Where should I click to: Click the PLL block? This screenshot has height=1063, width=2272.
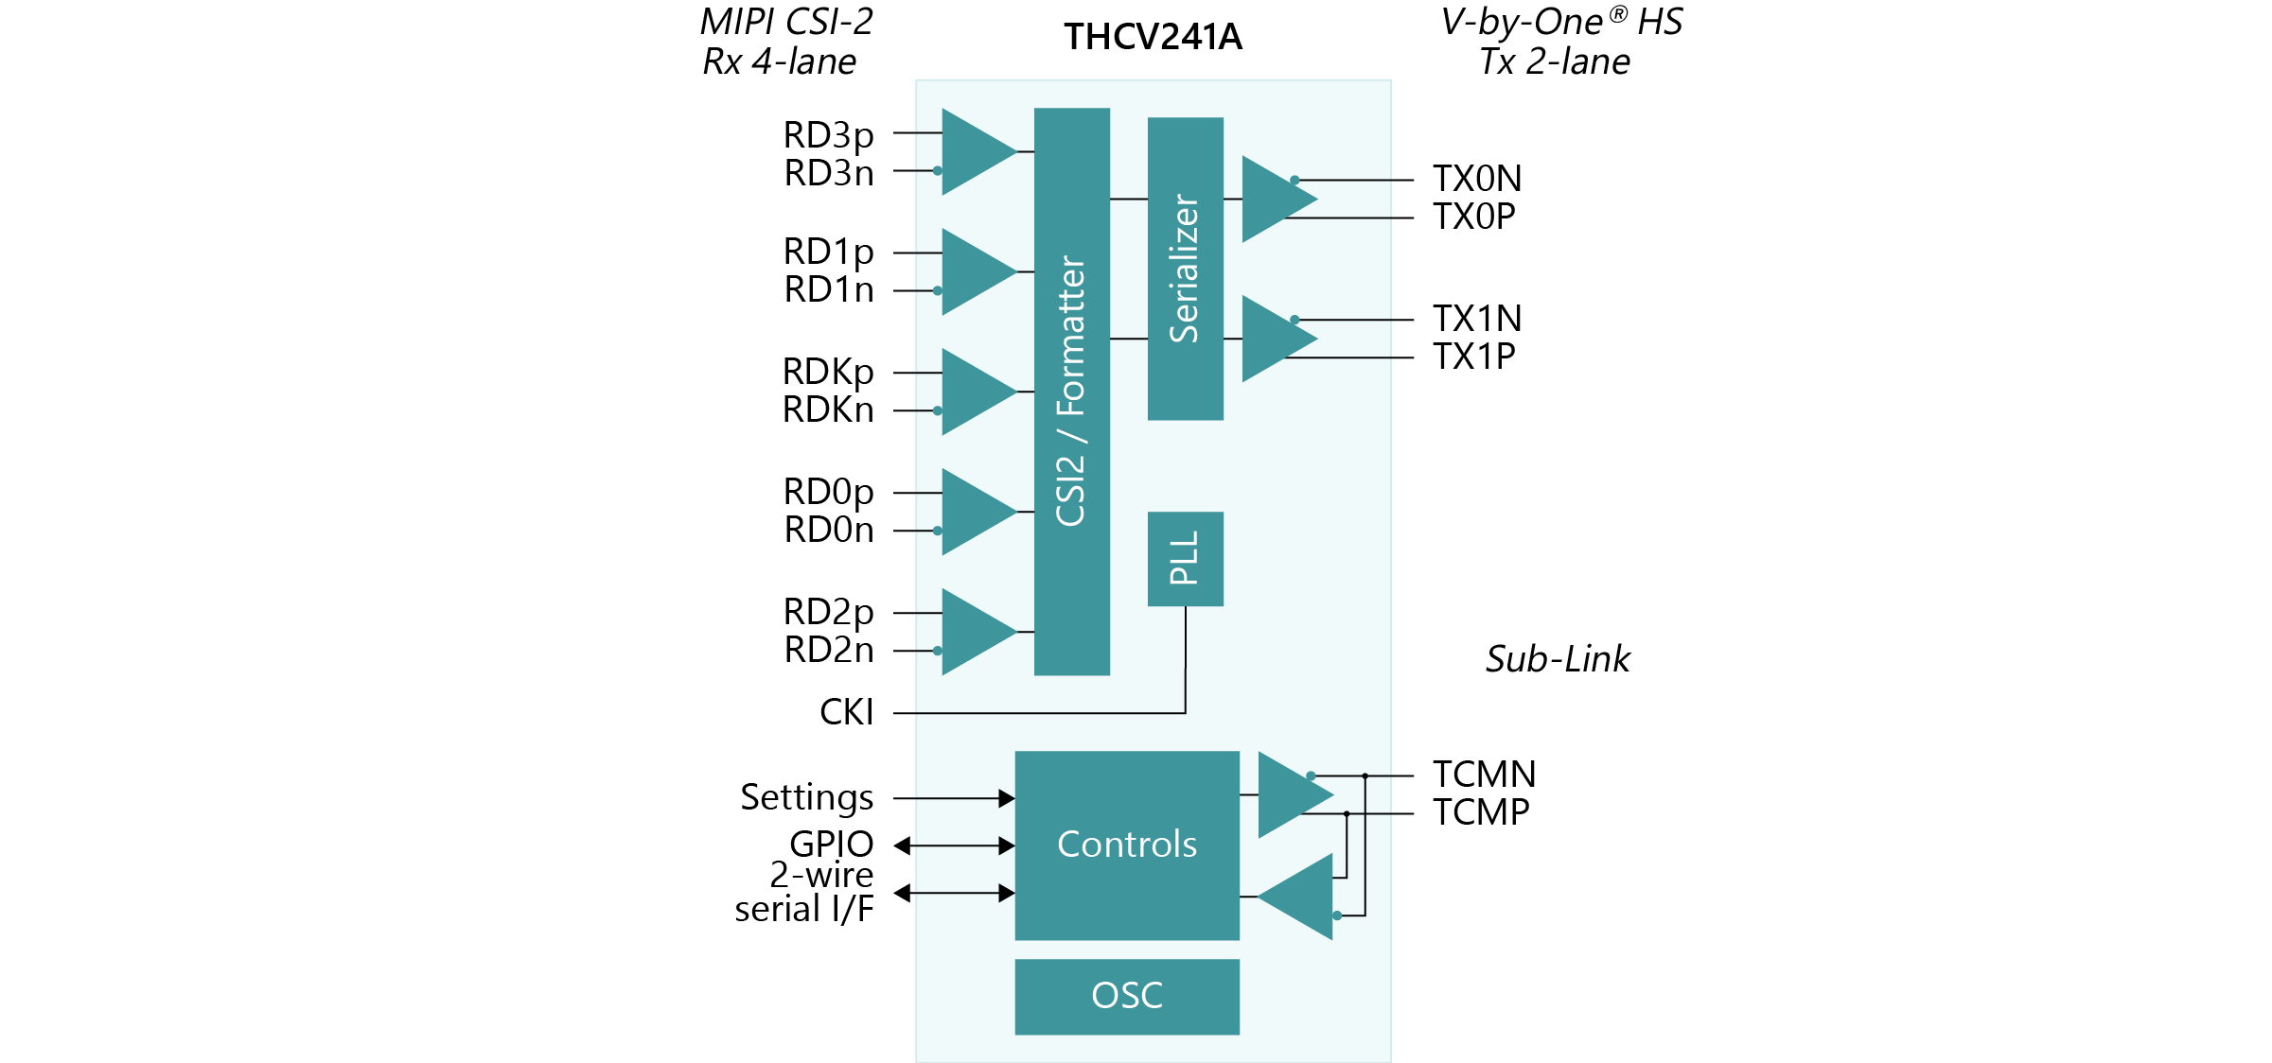[x=1185, y=558]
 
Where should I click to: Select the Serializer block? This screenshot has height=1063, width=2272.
[x=1185, y=269]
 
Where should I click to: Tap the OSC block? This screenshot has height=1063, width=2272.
[x=1126, y=996]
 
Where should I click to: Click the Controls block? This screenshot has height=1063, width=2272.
[x=1126, y=845]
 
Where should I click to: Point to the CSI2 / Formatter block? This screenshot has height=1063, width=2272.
[x=1071, y=392]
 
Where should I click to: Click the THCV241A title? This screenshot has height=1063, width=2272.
[x=1152, y=37]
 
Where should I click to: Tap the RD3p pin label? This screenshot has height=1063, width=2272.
[x=828, y=135]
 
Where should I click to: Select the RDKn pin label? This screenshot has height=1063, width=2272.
[x=828, y=410]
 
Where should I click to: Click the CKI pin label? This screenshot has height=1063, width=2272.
[x=846, y=712]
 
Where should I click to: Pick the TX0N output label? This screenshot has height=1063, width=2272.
[x=1476, y=179]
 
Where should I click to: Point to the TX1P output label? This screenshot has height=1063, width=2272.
[x=1473, y=357]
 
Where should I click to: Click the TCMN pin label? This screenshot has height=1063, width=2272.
[x=1483, y=775]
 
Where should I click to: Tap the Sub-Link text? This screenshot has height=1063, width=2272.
[x=1557, y=659]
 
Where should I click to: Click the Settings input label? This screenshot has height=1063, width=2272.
[x=806, y=797]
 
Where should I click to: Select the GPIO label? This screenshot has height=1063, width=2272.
[x=831, y=844]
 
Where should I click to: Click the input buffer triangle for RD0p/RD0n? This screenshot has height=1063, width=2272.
[x=975, y=512]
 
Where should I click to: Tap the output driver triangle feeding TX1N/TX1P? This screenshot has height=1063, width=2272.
[x=1275, y=339]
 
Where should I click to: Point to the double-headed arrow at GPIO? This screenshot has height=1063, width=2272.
[x=954, y=845]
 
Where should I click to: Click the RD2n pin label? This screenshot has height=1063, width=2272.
[x=828, y=650]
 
